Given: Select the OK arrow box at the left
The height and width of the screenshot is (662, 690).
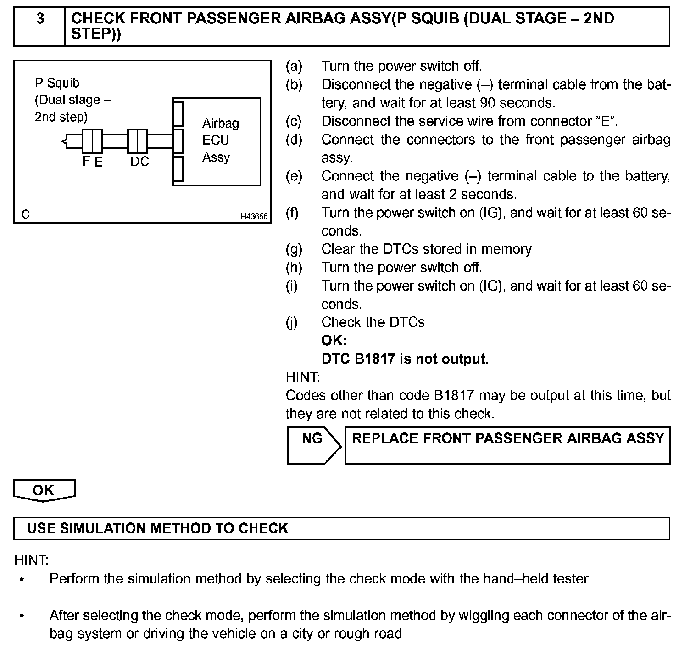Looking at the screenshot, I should click(44, 490).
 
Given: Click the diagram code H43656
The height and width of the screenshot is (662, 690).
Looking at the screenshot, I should click(254, 216).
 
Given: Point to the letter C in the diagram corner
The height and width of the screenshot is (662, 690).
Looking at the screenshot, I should click(26, 214).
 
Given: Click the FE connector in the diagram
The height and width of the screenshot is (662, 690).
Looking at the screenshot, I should click(92, 142).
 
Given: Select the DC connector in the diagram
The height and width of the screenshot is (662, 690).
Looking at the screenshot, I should click(137, 142).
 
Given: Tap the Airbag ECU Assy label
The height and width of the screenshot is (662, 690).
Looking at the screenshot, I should click(220, 140).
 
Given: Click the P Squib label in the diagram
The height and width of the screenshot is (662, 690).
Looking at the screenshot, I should click(57, 83).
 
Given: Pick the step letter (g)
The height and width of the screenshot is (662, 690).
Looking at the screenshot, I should click(294, 249).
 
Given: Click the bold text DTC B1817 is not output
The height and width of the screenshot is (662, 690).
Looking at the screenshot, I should click(405, 359).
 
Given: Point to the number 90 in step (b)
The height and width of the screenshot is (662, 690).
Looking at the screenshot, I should click(488, 103).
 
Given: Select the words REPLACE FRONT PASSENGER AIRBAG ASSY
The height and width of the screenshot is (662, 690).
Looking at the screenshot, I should click(507, 438).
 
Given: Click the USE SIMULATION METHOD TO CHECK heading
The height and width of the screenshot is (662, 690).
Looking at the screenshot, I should click(157, 528).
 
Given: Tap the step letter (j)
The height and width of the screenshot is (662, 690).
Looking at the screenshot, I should click(292, 322).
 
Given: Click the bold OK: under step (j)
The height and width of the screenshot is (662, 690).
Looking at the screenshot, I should click(334, 341).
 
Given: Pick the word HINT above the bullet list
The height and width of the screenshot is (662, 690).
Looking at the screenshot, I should click(31, 560).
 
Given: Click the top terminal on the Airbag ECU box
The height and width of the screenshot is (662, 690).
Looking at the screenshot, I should click(178, 113).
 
